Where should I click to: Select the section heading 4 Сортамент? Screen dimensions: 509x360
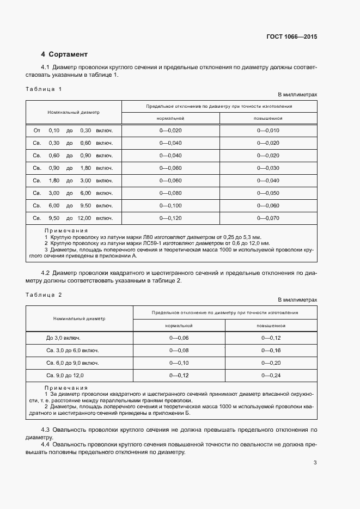[x=64, y=54]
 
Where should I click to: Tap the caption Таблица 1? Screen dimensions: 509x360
[x=44, y=88]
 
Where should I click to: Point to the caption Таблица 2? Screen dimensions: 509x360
[x=44, y=294]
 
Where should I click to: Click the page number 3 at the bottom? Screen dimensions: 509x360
[x=315, y=463]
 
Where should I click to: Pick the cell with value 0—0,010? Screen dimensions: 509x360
[x=268, y=131]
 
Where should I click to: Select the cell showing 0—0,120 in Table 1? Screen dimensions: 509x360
[x=170, y=218]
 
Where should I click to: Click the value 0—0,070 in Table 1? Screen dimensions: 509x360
[x=268, y=218]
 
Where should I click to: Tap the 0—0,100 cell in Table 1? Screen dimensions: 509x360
[x=170, y=206]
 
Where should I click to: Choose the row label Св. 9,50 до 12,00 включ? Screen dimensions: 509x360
[x=73, y=218]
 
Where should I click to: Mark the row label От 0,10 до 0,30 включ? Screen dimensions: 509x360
[x=73, y=131]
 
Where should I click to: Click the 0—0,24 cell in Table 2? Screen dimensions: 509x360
[x=271, y=375]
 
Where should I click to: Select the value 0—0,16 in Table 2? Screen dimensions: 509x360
[x=271, y=350]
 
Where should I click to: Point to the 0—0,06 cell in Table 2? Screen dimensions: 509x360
[x=179, y=338]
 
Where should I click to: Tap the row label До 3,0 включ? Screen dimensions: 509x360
[x=64, y=338]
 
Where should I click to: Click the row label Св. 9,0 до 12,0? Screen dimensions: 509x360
[x=69, y=375]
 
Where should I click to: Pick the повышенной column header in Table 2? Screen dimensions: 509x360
[x=271, y=325]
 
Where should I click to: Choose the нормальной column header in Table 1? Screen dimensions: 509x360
[x=170, y=118]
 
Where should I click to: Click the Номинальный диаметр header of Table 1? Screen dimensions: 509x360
[x=74, y=113]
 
